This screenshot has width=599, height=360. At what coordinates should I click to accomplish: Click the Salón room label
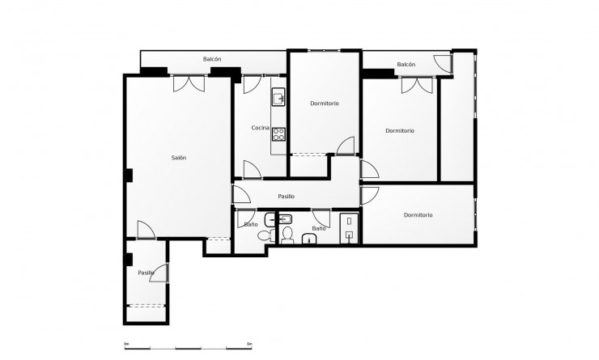tap(179, 158)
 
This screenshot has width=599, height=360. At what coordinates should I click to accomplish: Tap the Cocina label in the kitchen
tap(260, 129)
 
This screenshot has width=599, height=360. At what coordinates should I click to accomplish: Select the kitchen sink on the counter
tap(278, 98)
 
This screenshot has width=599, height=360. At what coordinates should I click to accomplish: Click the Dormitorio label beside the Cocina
tap(324, 104)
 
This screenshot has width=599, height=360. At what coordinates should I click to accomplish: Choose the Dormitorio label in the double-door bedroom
tap(400, 131)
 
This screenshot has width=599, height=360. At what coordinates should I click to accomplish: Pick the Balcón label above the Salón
tap(212, 59)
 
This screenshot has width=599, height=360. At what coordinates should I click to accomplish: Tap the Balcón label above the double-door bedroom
tap(406, 65)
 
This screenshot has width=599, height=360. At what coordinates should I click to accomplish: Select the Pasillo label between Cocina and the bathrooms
tap(286, 197)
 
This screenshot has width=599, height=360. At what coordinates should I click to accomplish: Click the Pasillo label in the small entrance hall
tap(146, 273)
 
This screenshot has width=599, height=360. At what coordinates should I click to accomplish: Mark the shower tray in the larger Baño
tap(350, 226)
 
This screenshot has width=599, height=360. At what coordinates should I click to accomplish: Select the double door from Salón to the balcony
tap(188, 83)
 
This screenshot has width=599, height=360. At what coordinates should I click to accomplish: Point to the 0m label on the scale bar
tap(126, 344)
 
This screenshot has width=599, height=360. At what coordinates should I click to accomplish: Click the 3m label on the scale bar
tap(250, 344)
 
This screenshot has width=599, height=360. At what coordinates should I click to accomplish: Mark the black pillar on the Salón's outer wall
tap(129, 173)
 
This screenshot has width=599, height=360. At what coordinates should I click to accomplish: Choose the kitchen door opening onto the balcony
tap(250, 83)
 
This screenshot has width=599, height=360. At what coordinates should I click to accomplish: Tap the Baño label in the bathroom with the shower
tap(319, 229)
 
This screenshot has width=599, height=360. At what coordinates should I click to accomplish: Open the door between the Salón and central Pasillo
tap(240, 195)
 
